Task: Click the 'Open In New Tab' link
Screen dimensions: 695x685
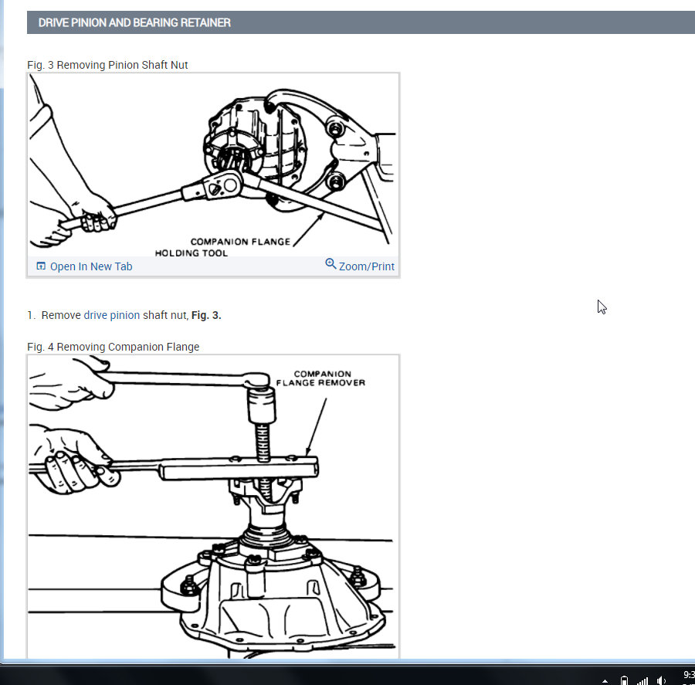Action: tap(91, 266)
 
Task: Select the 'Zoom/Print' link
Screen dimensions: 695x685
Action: tap(367, 266)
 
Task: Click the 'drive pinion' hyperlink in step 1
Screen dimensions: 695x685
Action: tap(112, 315)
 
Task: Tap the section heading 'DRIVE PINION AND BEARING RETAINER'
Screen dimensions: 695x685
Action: tap(134, 22)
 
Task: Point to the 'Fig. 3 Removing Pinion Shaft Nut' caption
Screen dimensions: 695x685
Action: tap(107, 65)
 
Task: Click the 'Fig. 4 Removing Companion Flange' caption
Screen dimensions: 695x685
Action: tap(113, 347)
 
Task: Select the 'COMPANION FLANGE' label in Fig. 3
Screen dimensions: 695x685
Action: tap(240, 242)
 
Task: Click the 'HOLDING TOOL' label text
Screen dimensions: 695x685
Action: tap(191, 253)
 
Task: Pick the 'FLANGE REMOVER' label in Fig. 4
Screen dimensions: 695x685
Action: tap(320, 382)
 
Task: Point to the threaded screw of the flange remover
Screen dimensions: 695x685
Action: tap(263, 443)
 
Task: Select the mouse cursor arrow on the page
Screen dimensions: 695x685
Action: tap(602, 307)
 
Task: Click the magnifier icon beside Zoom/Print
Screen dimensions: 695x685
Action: tap(331, 264)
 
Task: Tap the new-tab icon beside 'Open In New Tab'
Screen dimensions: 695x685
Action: tap(41, 266)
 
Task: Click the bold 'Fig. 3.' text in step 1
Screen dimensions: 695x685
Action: tap(206, 315)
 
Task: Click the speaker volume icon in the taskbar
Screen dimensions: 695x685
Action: tap(661, 680)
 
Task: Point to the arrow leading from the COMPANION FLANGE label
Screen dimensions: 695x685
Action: tap(308, 229)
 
